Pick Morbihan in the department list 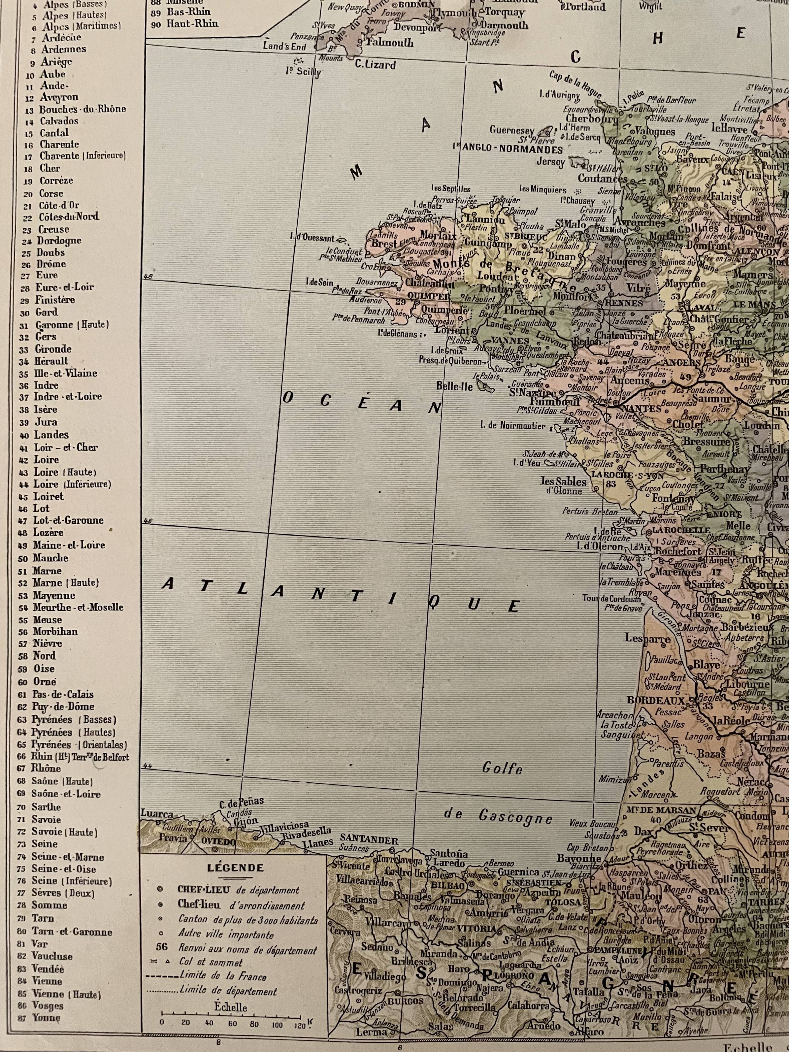pos(55,631)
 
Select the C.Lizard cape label pos(376,65)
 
